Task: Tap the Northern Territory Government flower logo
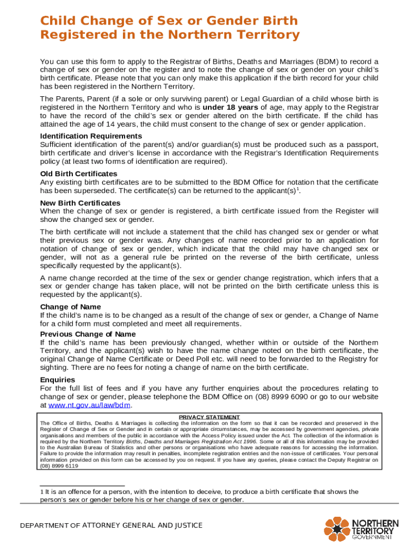337,529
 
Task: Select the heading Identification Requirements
91,136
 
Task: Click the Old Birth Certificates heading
78,174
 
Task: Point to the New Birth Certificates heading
80,203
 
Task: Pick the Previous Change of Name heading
88,334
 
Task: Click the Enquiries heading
58,380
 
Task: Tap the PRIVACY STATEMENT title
209,417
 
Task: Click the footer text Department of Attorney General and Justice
111,525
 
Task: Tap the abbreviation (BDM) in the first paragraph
306,61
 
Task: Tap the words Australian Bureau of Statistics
87,448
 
